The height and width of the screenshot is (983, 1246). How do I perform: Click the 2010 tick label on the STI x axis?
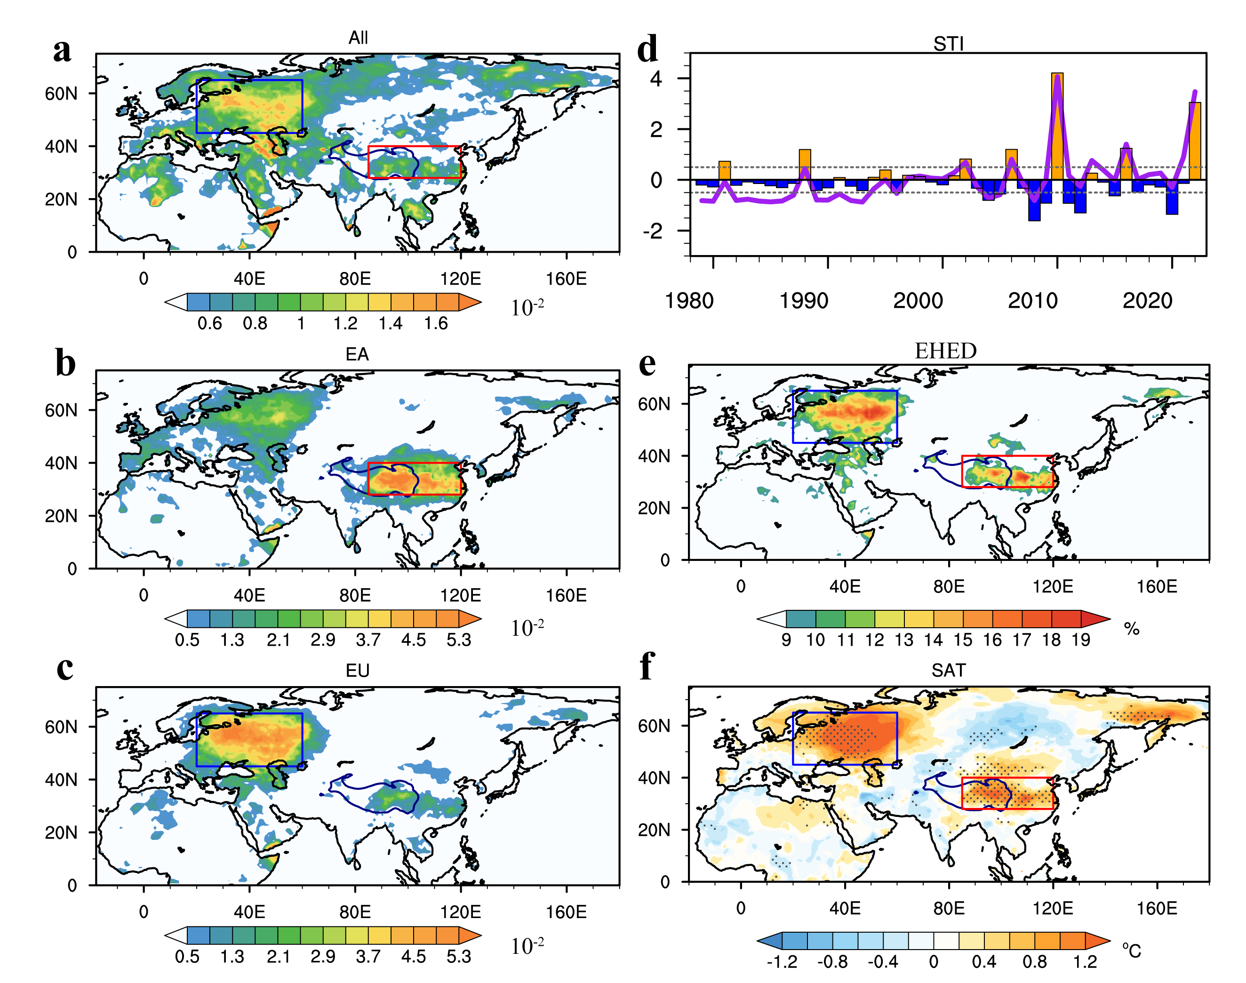(1032, 300)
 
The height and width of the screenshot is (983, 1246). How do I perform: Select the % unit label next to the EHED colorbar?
(1132, 629)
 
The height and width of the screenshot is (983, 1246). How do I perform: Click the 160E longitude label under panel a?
(567, 279)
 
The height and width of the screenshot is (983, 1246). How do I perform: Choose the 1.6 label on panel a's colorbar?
(436, 323)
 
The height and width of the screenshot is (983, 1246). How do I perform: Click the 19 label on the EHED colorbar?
(1081, 640)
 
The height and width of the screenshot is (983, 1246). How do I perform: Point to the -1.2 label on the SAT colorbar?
(782, 962)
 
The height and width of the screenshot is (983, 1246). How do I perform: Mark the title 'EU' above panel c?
(358, 671)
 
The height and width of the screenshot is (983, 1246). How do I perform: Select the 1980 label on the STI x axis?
(689, 300)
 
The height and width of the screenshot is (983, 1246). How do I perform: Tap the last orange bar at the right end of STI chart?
(1195, 141)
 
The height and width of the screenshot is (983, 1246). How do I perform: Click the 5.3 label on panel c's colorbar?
(459, 957)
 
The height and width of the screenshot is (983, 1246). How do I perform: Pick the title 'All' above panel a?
(358, 38)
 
